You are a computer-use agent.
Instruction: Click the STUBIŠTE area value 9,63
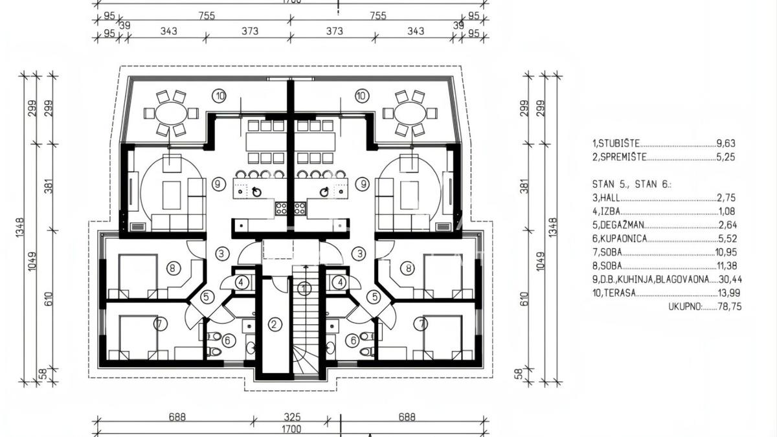click(726, 143)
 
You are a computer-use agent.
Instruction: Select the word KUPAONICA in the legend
click(624, 239)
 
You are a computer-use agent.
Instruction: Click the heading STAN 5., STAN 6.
click(632, 184)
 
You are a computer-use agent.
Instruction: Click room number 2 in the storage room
click(275, 324)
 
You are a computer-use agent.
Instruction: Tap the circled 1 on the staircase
click(304, 288)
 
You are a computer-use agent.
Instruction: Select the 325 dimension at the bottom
click(292, 417)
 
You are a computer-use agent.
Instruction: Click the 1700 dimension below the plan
click(291, 429)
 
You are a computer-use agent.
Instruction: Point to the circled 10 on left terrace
click(220, 96)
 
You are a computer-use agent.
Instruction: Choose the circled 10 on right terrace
click(361, 96)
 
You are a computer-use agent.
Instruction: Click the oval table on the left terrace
click(171, 113)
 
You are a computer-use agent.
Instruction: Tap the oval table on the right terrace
click(411, 113)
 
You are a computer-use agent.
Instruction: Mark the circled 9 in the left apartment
click(218, 184)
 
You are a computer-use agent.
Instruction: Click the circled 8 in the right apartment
click(408, 268)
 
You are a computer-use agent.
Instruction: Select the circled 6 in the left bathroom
click(227, 341)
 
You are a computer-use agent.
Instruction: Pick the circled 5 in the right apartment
click(375, 297)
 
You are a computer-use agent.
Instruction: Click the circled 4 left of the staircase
click(241, 282)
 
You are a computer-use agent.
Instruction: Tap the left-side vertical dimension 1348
click(20, 228)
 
